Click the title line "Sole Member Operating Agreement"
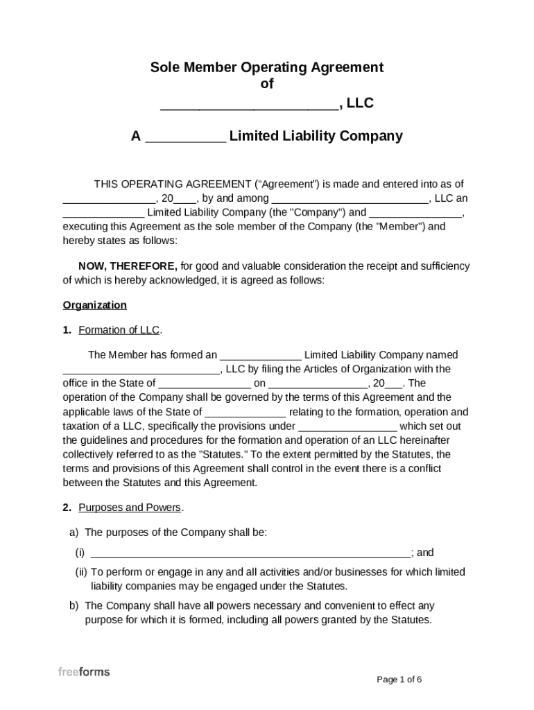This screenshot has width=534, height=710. point(267,67)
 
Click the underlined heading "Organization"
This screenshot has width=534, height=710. point(95,305)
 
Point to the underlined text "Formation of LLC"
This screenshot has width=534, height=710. point(120,330)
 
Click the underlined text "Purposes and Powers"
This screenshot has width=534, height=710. point(130,508)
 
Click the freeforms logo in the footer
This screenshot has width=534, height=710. point(83,672)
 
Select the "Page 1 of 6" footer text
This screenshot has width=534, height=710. point(399,679)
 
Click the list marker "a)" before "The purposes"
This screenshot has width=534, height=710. point(74,532)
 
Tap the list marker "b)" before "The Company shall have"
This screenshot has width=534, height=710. point(74,605)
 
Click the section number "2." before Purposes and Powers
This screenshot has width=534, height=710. point(67,508)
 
